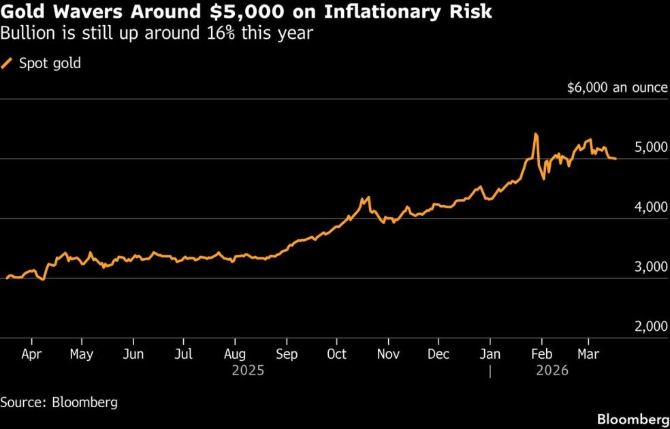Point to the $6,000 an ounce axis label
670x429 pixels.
point(617,89)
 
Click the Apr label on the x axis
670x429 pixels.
point(31,354)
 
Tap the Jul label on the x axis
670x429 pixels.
point(184,354)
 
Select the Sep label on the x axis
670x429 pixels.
point(286,354)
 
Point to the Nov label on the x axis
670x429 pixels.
point(388,354)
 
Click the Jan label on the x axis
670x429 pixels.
point(490,354)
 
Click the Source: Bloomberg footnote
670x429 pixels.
point(59,402)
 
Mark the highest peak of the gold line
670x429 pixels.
point(536,134)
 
